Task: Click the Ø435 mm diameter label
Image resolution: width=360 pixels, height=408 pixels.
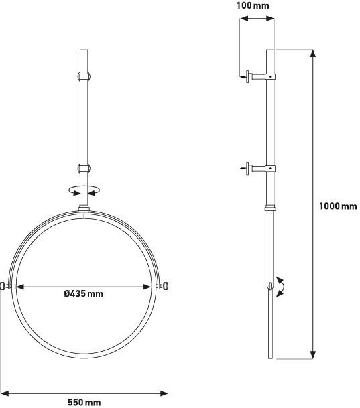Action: pos(84,293)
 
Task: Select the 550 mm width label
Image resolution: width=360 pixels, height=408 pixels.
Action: pos(84,402)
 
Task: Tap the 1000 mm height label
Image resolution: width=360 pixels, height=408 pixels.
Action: pos(338,206)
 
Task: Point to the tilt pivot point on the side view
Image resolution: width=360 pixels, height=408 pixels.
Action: pos(270,287)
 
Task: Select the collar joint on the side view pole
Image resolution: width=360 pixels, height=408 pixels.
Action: pos(270,208)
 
